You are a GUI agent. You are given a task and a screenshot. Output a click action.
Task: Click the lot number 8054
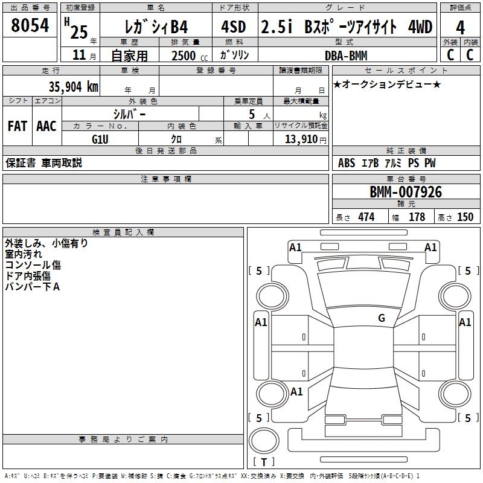[30, 25]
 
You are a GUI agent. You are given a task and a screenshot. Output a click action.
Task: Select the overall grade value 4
[460, 28]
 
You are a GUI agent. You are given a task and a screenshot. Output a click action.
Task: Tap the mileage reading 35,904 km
[74, 87]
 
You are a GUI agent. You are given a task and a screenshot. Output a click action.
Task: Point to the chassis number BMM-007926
[406, 192]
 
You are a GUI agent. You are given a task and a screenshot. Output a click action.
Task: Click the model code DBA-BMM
[346, 56]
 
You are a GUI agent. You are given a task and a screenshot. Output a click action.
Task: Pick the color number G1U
[100, 139]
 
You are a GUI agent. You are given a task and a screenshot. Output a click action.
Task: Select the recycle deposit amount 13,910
[301, 139]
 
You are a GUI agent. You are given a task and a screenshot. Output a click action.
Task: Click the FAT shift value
[18, 126]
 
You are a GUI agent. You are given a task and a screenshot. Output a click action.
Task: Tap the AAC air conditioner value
[46, 126]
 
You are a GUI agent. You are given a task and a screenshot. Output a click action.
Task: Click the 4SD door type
[234, 27]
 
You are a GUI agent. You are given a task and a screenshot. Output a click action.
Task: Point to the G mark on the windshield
[382, 318]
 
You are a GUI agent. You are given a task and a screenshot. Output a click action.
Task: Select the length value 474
[366, 217]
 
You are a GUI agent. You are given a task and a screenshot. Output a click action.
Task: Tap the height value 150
[465, 217]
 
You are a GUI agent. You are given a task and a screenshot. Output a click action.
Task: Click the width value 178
[417, 217]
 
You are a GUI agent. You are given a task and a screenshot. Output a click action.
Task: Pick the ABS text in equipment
[347, 163]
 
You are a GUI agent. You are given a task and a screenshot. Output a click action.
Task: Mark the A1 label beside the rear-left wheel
[296, 391]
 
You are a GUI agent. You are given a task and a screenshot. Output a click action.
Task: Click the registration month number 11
[79, 55]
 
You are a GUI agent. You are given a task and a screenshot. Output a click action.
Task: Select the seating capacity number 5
[252, 114]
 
